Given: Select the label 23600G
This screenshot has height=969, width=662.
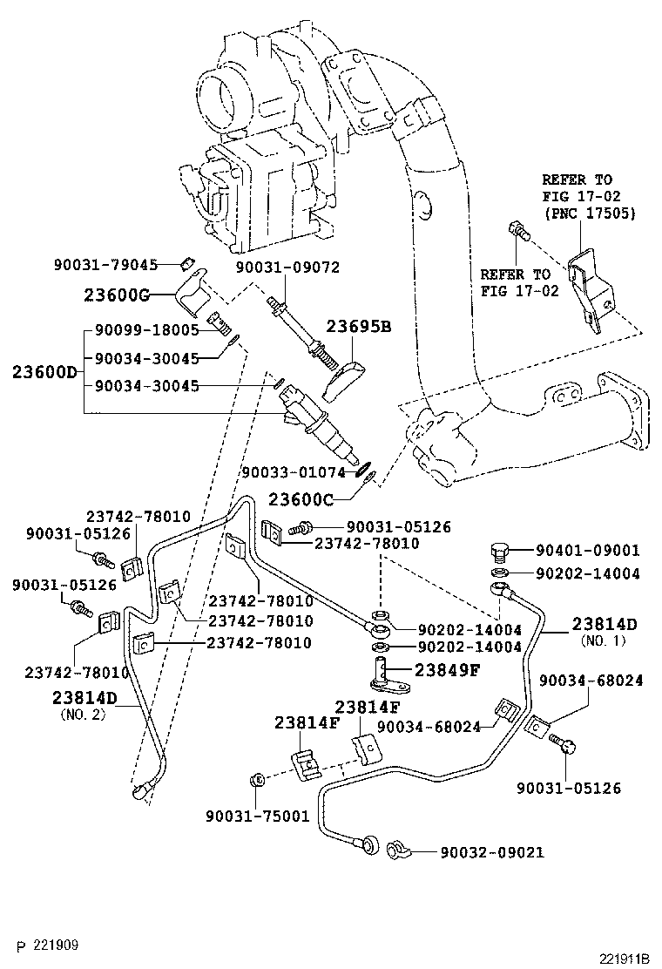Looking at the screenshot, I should [x=115, y=295].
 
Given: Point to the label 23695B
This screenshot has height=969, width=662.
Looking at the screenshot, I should [x=359, y=327].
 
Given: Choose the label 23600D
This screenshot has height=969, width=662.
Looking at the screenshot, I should [x=44, y=372].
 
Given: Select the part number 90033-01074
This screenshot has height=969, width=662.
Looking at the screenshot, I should [x=294, y=472].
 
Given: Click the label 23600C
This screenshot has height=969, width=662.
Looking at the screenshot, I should [x=299, y=499].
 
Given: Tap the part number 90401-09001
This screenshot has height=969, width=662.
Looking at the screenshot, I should [x=587, y=550].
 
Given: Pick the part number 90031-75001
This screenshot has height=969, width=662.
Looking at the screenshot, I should [x=257, y=816].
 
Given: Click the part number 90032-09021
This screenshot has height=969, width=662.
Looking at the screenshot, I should [x=491, y=852].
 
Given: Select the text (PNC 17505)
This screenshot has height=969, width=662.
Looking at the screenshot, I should [x=589, y=213].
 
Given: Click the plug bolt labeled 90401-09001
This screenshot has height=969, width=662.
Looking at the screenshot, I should [x=499, y=552].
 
